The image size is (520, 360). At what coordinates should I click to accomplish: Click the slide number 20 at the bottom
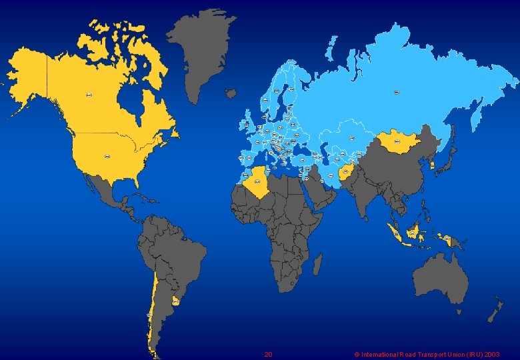(268, 354)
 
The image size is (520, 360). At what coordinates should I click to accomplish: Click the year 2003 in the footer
(492, 355)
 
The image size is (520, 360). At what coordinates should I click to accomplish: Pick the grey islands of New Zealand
(495, 310)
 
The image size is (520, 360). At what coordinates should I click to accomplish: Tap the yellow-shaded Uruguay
(176, 301)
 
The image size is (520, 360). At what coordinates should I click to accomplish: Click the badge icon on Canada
(89, 95)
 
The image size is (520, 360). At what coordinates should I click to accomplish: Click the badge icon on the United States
(106, 156)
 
